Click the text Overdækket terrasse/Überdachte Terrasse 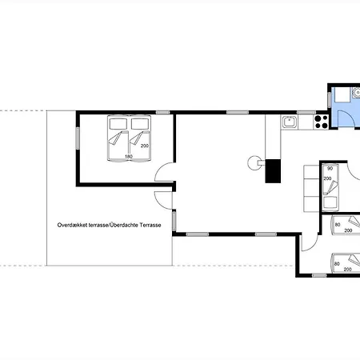tap(109, 225)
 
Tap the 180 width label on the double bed tap(129, 157)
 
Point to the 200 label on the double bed tap(145, 146)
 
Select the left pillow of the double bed tap(118, 124)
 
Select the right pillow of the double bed tap(140, 124)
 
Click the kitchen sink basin tap(289, 122)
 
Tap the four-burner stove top tap(321, 122)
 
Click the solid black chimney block tap(273, 171)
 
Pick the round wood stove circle tap(254, 163)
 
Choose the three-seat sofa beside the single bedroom tap(311, 189)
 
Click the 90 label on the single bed tap(330, 169)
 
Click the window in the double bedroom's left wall tap(78, 138)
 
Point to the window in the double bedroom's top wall tap(163, 113)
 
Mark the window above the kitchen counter tap(306, 113)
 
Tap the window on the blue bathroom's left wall tap(330, 100)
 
